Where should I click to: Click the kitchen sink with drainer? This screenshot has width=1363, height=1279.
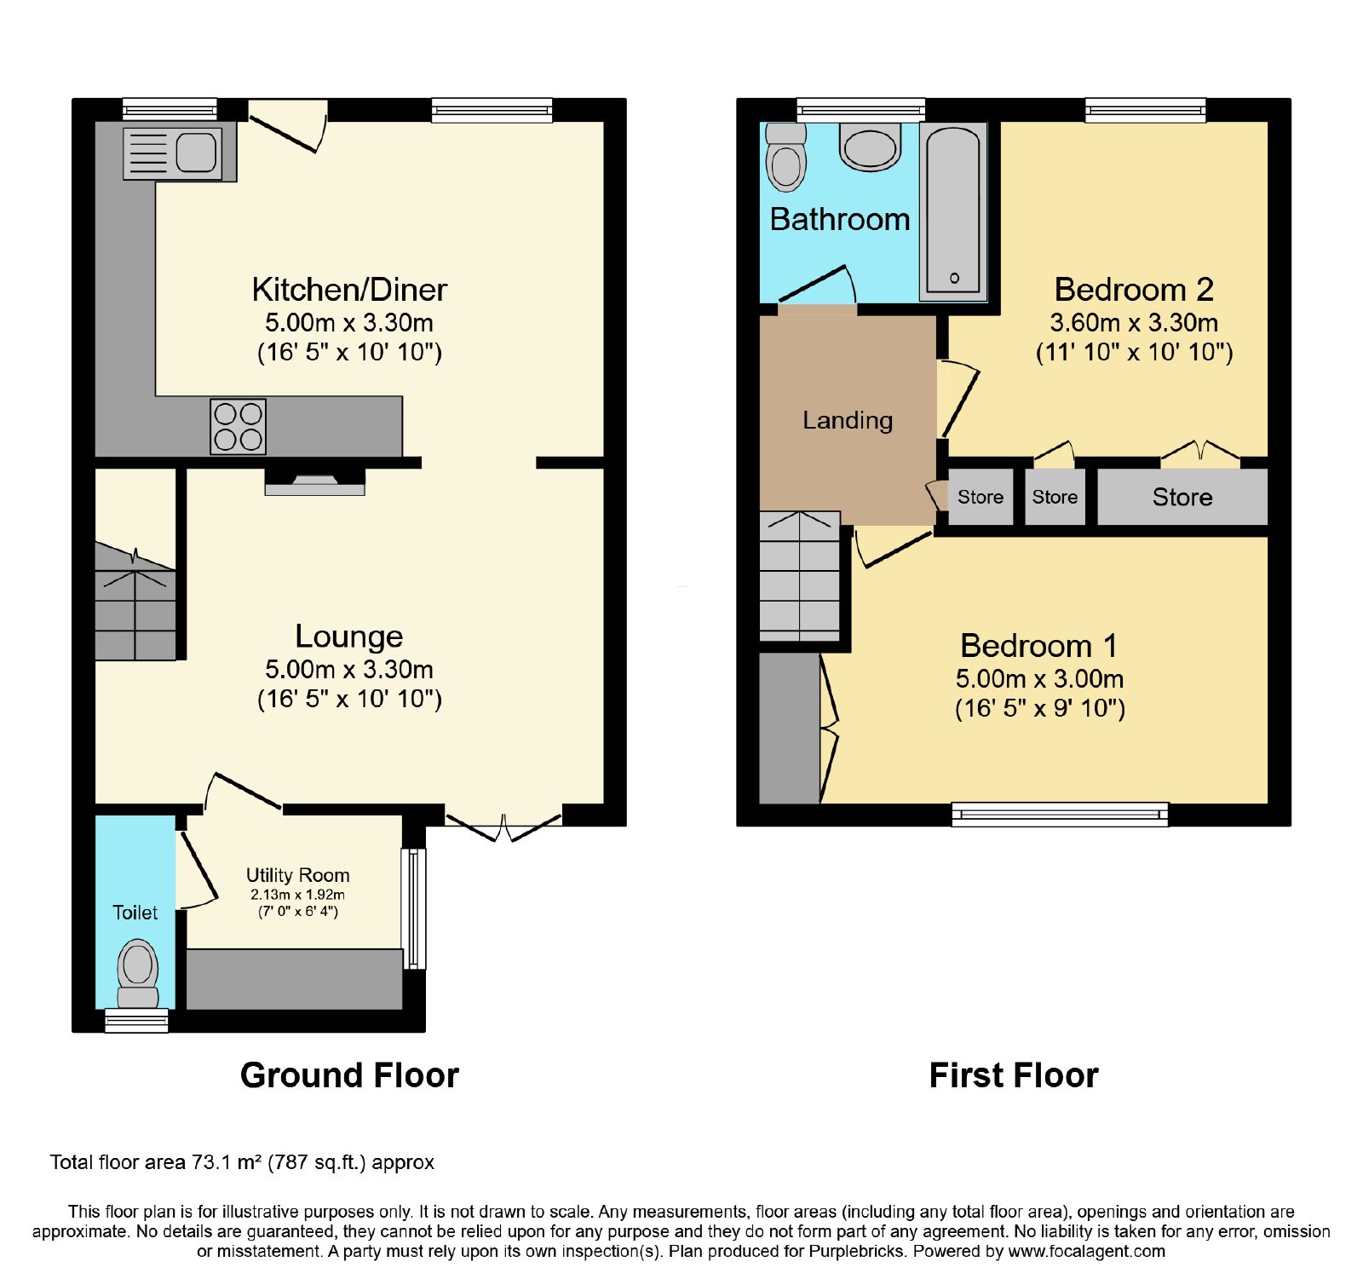click(x=173, y=153)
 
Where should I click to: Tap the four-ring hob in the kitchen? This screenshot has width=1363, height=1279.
click(x=239, y=426)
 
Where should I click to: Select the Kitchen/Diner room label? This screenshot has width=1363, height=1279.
click(x=349, y=290)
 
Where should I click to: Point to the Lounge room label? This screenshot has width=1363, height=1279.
click(x=349, y=637)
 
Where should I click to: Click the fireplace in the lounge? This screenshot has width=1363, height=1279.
click(x=315, y=481)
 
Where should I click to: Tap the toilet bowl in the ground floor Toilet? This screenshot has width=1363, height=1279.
click(x=137, y=974)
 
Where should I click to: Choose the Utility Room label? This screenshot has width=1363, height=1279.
click(x=298, y=875)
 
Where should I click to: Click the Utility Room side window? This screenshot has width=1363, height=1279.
click(x=414, y=908)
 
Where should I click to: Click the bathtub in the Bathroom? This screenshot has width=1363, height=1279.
click(x=953, y=211)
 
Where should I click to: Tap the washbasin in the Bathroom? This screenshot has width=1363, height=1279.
click(x=870, y=147)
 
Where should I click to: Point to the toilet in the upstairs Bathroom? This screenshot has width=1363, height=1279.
click(x=785, y=158)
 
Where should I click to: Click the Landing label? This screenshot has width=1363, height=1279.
click(x=848, y=420)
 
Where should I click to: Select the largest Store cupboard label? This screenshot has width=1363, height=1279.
click(x=1182, y=498)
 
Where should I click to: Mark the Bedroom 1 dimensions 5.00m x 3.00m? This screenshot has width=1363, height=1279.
click(x=1039, y=679)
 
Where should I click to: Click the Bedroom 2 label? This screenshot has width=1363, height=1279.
click(x=1134, y=290)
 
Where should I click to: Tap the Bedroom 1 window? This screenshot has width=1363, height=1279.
click(x=1060, y=815)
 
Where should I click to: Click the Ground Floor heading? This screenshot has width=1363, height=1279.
click(x=349, y=1075)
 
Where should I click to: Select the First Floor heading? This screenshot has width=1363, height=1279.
click(x=1014, y=1075)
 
